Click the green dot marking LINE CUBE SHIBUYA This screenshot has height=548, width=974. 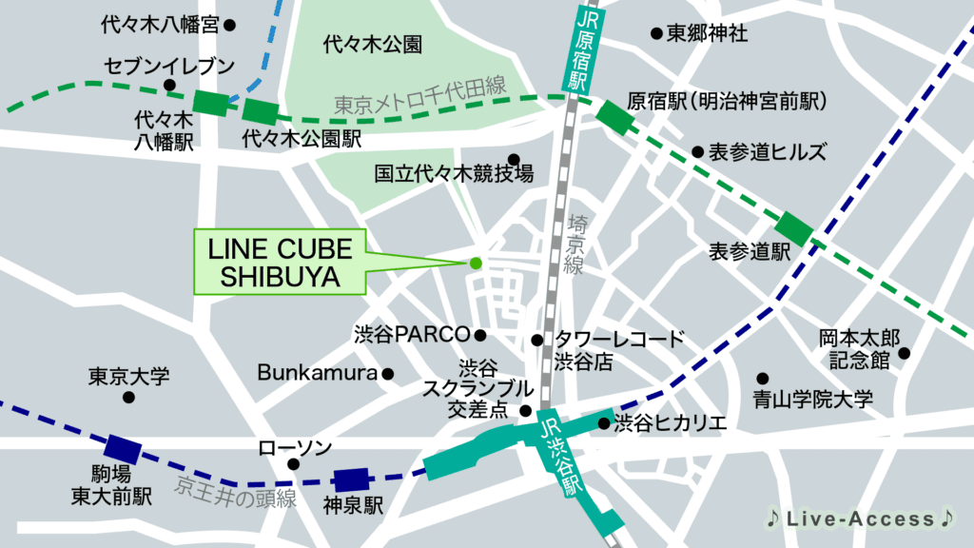pos(476,263)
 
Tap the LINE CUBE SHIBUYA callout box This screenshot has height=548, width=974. pos(281,264)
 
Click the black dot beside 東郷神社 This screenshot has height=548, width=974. pos(656,34)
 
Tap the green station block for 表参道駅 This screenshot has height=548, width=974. pos(793,228)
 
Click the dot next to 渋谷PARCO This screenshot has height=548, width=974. pos(480,335)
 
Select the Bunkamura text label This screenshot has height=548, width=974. pos(318,373)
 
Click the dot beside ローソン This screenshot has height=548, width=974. pos(293,464)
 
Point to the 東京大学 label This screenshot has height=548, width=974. pos(128,376)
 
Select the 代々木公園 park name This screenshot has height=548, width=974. pos(372,44)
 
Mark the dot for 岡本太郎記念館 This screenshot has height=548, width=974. pos(904,353)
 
